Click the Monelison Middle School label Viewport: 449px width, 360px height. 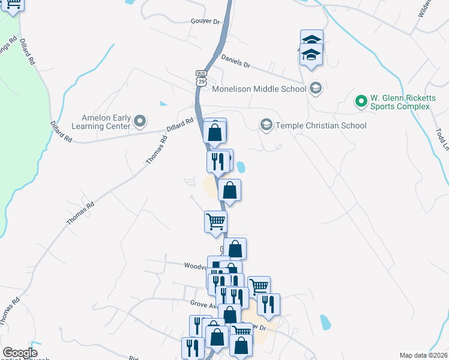click(259, 89)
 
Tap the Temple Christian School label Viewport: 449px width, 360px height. click(321, 125)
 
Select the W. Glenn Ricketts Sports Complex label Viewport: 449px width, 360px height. click(400, 101)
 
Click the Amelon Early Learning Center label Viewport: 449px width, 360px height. click(106, 122)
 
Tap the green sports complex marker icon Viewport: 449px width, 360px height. click(361, 101)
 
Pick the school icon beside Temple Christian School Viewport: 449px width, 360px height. click(265, 125)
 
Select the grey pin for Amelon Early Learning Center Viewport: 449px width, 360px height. click(140, 122)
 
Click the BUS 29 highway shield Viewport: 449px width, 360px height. click(200, 76)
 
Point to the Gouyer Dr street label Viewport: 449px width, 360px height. click(189, 21)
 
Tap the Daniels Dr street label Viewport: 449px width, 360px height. click(235, 61)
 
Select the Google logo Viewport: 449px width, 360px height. click(20, 353)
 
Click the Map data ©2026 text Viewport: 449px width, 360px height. click(423, 355)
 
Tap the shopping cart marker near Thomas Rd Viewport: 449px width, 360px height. click(215, 221)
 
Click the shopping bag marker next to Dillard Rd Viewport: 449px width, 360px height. click(215, 132)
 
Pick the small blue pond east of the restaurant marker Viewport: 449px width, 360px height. click(241, 167)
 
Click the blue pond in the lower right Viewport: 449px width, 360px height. click(325, 322)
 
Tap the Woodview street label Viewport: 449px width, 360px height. click(195, 265)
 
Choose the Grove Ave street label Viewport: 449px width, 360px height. click(202, 305)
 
